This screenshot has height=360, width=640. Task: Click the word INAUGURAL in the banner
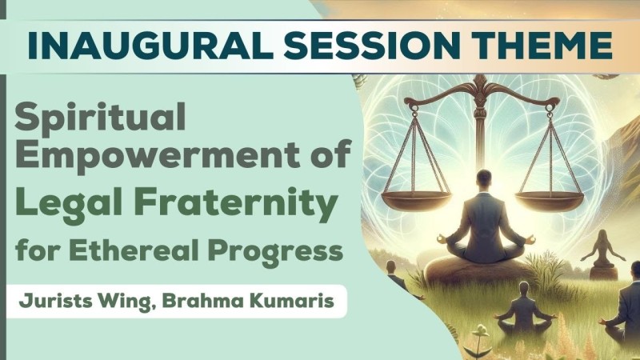[150, 45]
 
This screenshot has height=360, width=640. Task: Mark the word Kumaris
[292, 301]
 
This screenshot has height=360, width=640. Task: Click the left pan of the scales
[415, 199]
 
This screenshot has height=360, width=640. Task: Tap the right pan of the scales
[550, 199]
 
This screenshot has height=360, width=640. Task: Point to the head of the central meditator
[485, 178]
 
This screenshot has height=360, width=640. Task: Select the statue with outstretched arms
[603, 254]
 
